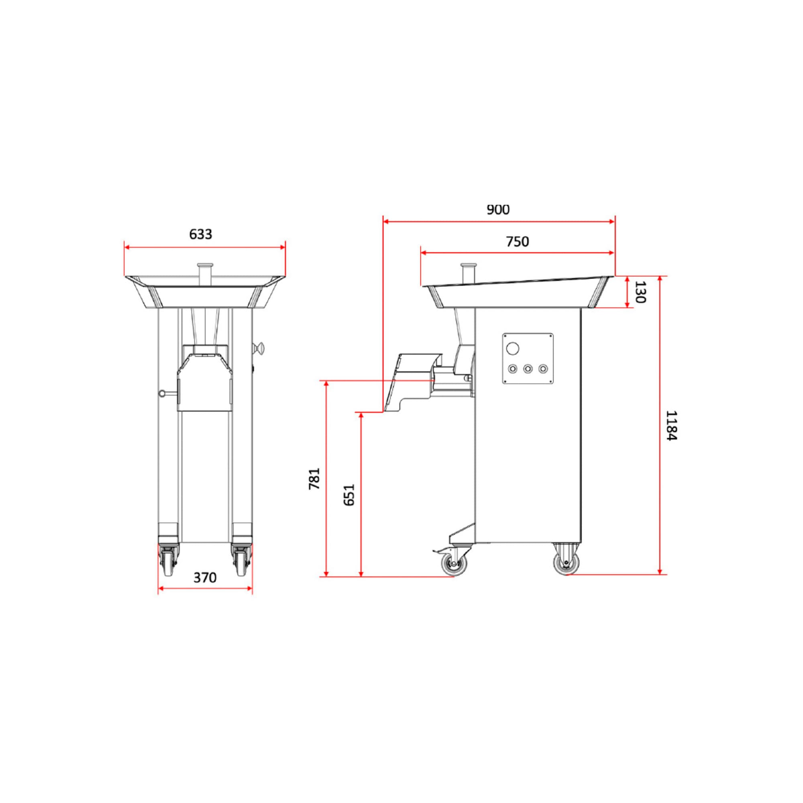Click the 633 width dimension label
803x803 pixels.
point(201,234)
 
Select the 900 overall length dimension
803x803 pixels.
point(498,210)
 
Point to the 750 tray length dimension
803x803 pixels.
point(518,241)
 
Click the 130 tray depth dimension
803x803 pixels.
point(640,292)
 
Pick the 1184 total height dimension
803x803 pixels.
point(672,426)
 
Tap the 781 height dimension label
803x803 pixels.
point(314,479)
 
